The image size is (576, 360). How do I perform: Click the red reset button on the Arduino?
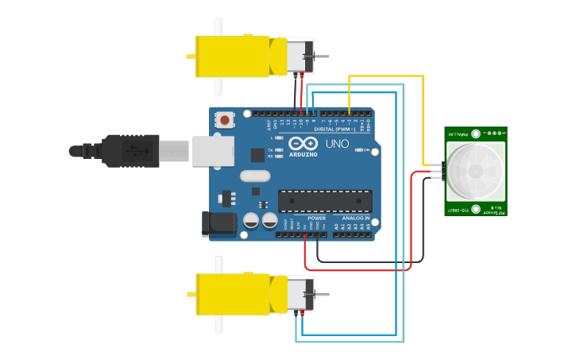[225, 121]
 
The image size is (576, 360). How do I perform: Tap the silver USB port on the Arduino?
[214, 150]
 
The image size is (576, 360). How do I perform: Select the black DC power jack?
[218, 223]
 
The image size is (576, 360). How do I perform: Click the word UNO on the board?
[337, 144]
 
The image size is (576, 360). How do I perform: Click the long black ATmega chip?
[325, 201]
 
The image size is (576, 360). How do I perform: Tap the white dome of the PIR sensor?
[475, 171]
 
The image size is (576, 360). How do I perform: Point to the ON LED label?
[367, 149]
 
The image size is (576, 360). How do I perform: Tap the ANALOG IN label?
[356, 218]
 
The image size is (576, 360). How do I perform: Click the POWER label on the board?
[316, 218]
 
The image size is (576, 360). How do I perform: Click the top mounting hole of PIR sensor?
[475, 134]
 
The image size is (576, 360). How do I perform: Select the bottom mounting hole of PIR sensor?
[475, 209]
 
